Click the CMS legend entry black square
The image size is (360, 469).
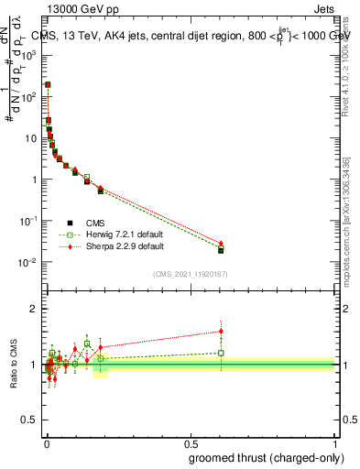pyautogui.click(x=70, y=223)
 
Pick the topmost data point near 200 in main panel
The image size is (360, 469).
pyautogui.click(x=48, y=84)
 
